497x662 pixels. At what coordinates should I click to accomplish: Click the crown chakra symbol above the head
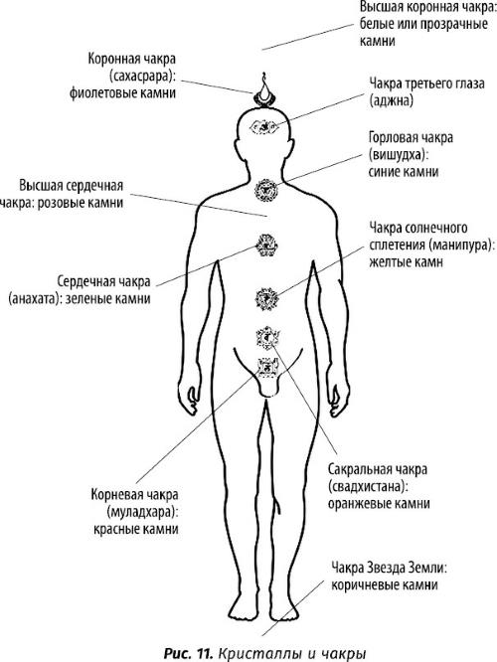pos(264,91)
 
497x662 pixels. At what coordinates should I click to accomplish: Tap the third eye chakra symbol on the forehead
pos(263,126)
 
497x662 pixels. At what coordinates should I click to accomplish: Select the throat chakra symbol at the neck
pos(266,191)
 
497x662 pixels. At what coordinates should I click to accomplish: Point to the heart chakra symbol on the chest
pos(266,246)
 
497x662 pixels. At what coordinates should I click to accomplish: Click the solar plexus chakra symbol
pos(266,299)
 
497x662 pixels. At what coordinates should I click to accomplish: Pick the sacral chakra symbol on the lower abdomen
pos(267,338)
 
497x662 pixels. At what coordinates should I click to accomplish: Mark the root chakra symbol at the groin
pos(267,368)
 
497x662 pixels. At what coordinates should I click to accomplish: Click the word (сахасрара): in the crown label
pos(142,77)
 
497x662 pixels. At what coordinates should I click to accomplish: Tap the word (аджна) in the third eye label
pos(391,100)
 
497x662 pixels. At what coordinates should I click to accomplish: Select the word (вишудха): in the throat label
pos(399,155)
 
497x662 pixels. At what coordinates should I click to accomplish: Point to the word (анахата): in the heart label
pos(35,299)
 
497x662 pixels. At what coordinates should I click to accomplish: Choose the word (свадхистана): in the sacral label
pos(368,487)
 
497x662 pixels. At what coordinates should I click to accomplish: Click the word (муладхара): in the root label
pos(143,512)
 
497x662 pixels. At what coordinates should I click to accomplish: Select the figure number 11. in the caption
pos(204,654)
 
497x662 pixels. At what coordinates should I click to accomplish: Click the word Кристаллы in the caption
pos(254,654)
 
